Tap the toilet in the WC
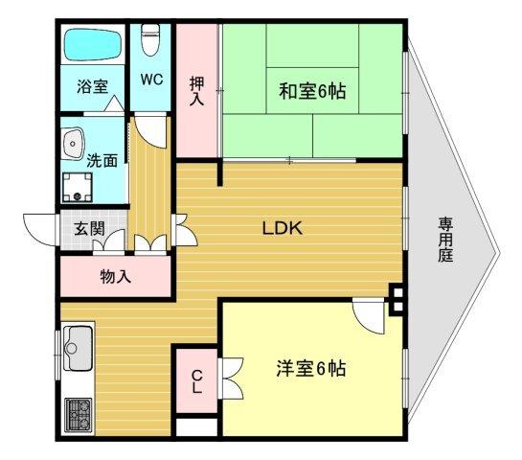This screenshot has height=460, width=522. [150, 39]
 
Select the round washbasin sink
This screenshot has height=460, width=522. [72, 145]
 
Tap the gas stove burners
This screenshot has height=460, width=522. [78, 416]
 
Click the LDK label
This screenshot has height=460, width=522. [283, 229]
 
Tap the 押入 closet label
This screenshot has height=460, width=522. [197, 90]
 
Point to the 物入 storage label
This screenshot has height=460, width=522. [116, 277]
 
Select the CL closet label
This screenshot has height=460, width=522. [195, 382]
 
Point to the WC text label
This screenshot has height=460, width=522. [151, 79]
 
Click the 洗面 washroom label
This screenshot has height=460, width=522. [102, 160]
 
